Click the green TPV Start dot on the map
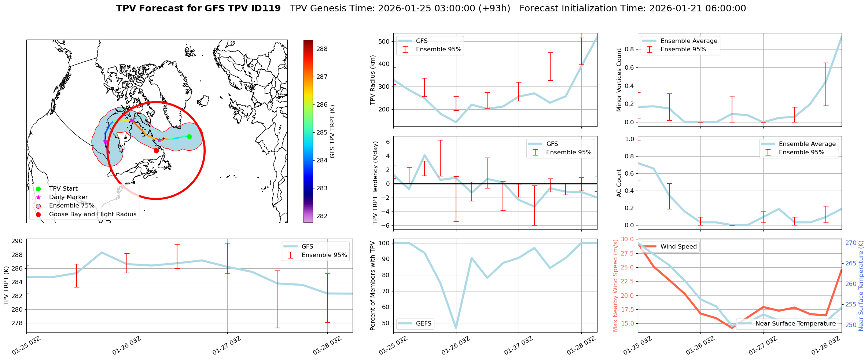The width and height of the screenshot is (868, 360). tap(189, 137)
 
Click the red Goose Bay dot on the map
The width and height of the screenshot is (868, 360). tap(156, 151)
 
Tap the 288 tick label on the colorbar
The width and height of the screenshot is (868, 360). tap(322, 49)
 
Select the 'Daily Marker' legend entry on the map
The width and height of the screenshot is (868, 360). tap(68, 197)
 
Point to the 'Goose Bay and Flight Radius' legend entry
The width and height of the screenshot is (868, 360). tap(92, 214)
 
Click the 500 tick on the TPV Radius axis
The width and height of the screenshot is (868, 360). tap(384, 41)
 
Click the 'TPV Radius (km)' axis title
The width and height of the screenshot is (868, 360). tap(373, 80)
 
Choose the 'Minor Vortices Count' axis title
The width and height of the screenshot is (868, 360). tap(619, 80)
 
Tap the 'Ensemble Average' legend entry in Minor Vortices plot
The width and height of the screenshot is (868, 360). tap(688, 41)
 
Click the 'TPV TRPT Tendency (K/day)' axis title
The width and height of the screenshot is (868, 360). tap(375, 183)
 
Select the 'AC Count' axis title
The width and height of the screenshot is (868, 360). tap(619, 183)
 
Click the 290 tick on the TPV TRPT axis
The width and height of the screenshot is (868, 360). tap(18, 241)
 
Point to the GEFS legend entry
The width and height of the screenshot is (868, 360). tap(423, 323)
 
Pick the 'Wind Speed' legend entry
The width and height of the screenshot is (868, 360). tap(678, 247)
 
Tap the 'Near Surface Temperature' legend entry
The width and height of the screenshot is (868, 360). tap(795, 323)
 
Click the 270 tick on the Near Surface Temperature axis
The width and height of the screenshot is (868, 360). tap(851, 243)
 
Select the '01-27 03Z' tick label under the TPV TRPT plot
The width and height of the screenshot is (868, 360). tap(226, 346)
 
